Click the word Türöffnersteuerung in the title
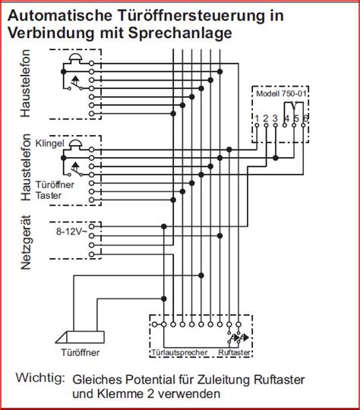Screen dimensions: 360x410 point(190,15)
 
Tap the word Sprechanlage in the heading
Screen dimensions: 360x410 point(180,33)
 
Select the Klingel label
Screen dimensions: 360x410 point(49,143)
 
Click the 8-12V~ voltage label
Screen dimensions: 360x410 point(71,232)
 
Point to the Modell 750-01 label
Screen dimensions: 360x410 point(281,93)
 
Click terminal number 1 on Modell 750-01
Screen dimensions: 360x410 point(257,118)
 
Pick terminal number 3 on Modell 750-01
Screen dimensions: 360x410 point(275,118)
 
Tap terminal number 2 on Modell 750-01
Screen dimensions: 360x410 point(266,118)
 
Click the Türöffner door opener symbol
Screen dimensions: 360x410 point(80,337)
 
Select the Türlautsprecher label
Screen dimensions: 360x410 point(180,352)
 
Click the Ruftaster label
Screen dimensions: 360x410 point(234,352)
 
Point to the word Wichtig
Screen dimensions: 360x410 point(40,377)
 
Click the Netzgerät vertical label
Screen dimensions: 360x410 point(26,242)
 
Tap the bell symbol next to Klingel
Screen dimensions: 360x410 point(76,144)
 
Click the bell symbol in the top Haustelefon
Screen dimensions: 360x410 point(76,58)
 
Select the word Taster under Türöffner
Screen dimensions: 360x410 point(49,195)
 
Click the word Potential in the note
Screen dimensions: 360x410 point(150,380)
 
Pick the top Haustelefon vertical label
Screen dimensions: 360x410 point(26,84)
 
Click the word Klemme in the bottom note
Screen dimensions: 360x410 point(121,394)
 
